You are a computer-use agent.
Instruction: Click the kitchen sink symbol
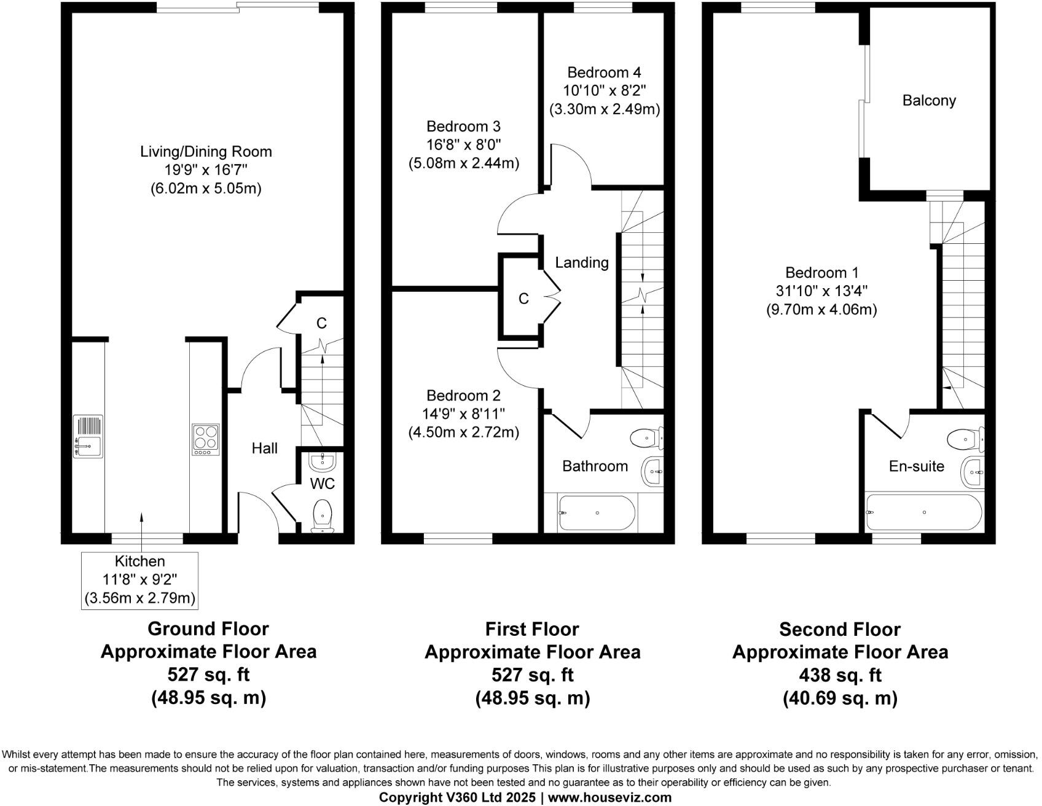coord(87,436)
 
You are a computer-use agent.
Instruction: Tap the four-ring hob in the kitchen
coord(205,439)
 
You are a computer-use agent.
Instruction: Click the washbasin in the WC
coord(321,461)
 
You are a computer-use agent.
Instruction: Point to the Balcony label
coord(928,100)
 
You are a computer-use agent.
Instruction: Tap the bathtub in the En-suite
coord(923,512)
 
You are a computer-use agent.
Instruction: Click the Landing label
coord(581,263)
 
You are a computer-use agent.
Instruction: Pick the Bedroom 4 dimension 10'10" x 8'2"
coord(605,91)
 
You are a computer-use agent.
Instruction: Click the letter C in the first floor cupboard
coord(523,299)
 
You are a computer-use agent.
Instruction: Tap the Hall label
coord(264,448)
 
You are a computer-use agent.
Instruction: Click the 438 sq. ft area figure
coord(839,675)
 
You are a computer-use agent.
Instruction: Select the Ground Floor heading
coord(208,629)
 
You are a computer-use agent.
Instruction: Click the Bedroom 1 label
coord(821,272)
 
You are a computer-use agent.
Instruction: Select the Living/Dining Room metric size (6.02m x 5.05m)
coord(206,189)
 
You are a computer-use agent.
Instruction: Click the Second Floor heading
coord(839,629)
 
